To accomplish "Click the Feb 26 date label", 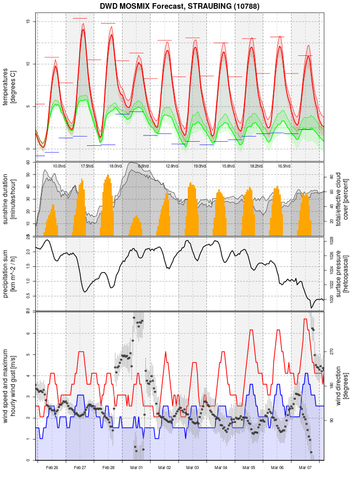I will pos(52,468).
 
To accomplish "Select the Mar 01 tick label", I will pos(137,468).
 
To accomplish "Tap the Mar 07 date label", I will pos(305,468).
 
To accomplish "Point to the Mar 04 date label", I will pos(221,468).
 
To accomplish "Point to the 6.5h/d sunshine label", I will pos(143,166).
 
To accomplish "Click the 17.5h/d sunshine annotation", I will pos(87,166).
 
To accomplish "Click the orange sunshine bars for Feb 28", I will pos(108,207).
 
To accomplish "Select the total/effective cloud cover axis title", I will pos(342,199).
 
